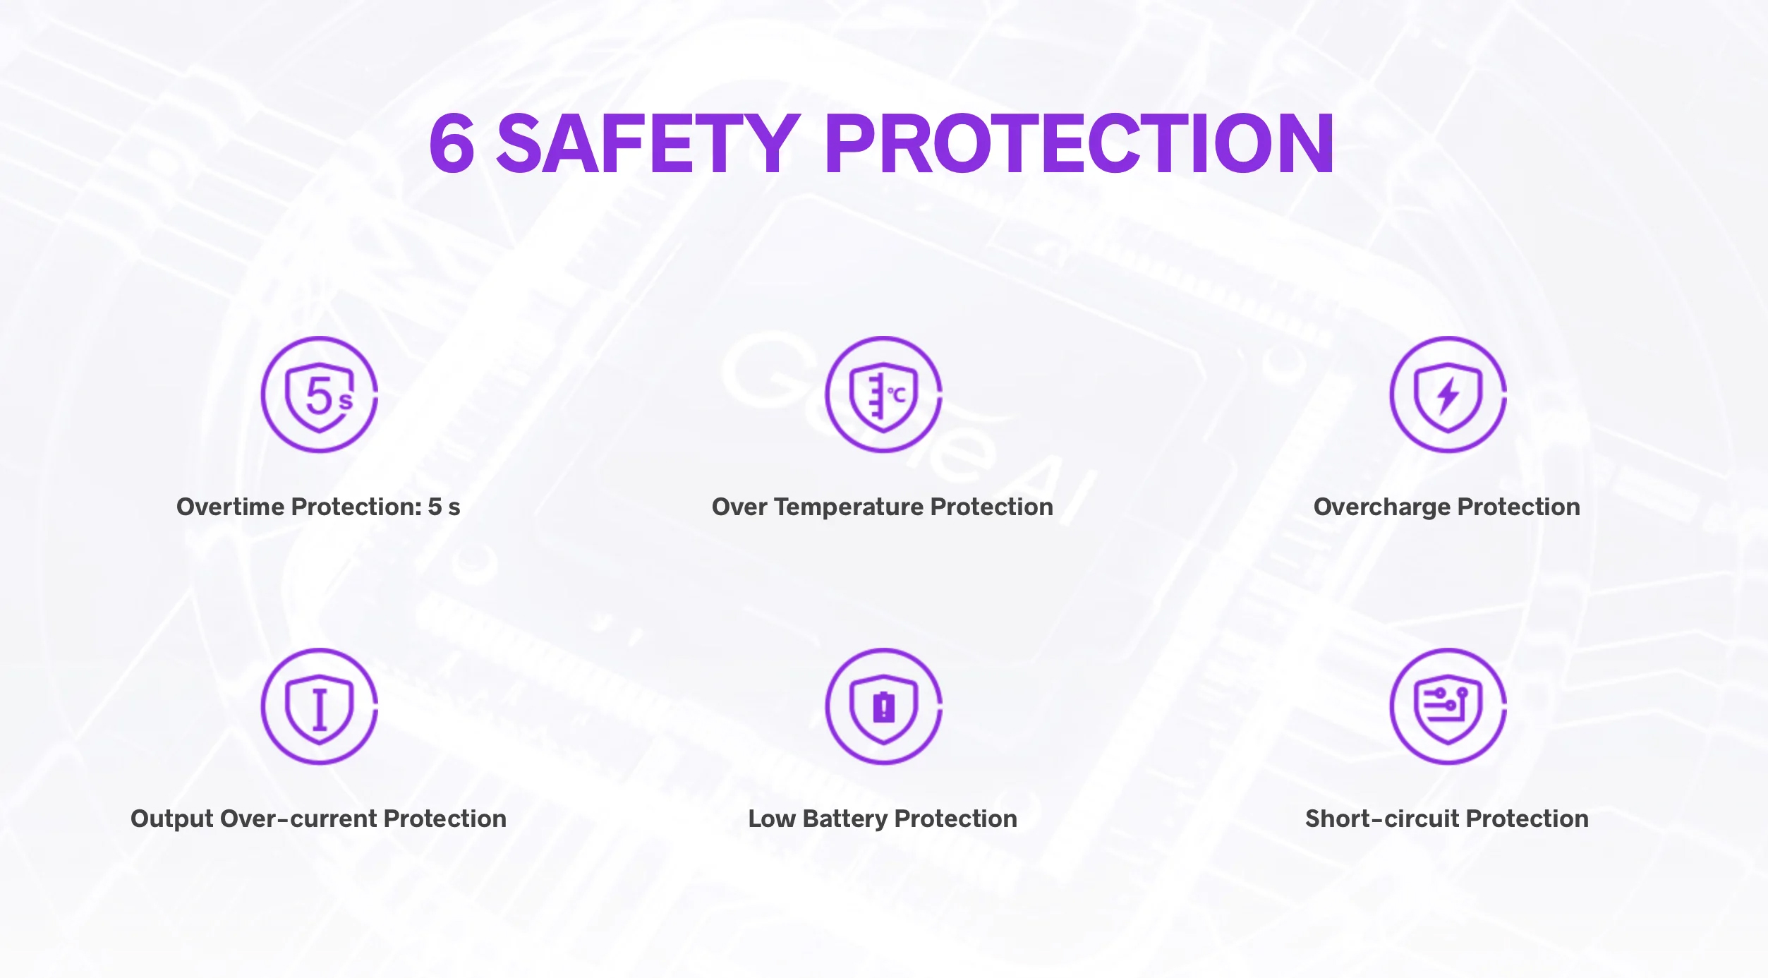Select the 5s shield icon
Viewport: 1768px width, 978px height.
pyautogui.click(x=320, y=394)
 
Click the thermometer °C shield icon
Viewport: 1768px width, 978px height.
pyautogui.click(x=884, y=394)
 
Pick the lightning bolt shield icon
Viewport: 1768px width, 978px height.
pyautogui.click(x=1448, y=394)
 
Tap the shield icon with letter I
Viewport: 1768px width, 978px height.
pyautogui.click(x=320, y=706)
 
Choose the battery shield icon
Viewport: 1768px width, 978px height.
pyautogui.click(x=884, y=706)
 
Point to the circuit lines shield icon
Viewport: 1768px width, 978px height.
pyautogui.click(x=1448, y=706)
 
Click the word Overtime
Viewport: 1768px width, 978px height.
pyautogui.click(x=231, y=507)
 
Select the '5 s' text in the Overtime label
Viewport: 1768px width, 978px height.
pyautogui.click(x=444, y=507)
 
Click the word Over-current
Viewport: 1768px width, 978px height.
pyautogui.click(x=299, y=819)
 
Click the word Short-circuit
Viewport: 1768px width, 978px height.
pyautogui.click(x=1382, y=819)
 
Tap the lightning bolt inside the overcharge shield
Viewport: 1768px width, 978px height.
pyautogui.click(x=1448, y=394)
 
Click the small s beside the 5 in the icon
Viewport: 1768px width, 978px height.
pyautogui.click(x=346, y=402)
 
